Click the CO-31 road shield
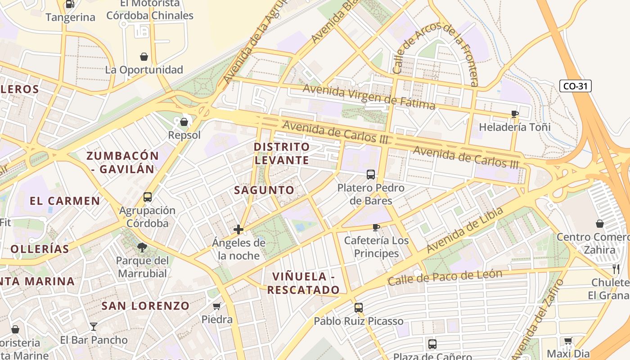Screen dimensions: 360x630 [575, 86]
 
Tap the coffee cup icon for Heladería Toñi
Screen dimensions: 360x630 [515, 114]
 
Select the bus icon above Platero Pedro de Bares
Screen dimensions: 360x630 [371, 175]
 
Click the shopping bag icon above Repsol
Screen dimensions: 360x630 [184, 122]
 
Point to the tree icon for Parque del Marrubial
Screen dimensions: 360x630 [142, 247]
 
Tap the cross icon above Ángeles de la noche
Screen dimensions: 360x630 [238, 230]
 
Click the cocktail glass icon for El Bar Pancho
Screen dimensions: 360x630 [94, 327]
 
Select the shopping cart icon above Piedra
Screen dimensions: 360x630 [217, 306]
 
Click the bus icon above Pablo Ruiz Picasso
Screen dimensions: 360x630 [358, 308]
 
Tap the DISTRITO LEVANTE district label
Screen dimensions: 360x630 [282, 153]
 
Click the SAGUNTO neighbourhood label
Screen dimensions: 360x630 [264, 190]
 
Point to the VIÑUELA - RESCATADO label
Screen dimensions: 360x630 [303, 283]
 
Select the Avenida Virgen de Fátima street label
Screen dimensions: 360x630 [369, 96]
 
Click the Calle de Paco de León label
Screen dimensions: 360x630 [445, 278]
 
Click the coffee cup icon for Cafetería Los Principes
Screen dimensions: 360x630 [376, 227]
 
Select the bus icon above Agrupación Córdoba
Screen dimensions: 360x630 [148, 197]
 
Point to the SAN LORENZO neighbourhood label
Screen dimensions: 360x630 [145, 306]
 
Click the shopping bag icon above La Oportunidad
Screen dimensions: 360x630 [144, 57]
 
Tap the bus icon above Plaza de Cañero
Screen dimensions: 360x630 [432, 344]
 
